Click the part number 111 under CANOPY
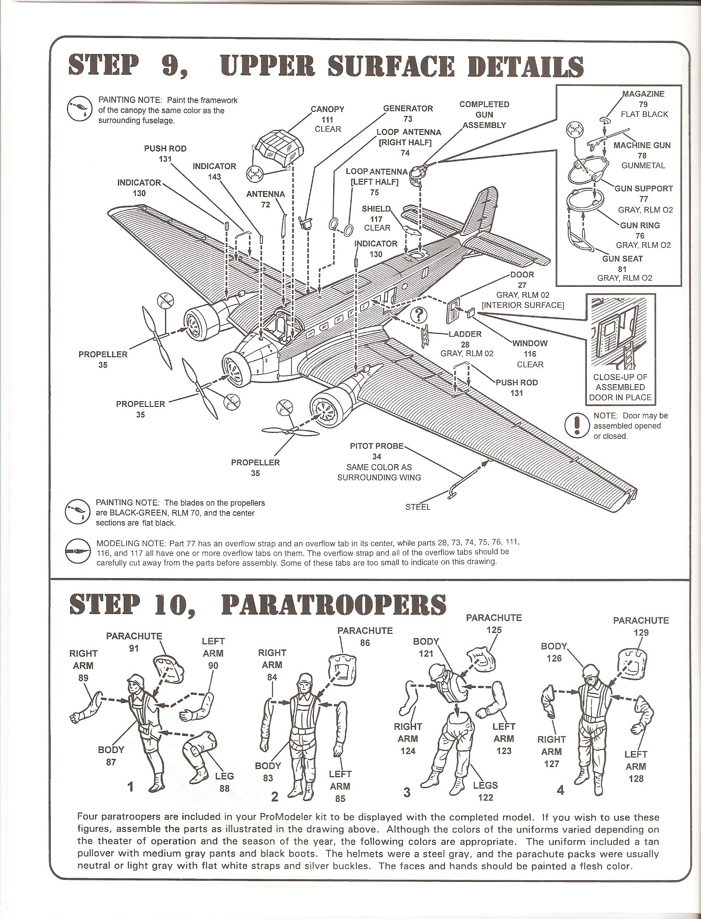click(327, 119)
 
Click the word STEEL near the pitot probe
click(418, 507)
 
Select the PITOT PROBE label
click(376, 446)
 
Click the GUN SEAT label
click(622, 259)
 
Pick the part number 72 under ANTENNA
click(266, 205)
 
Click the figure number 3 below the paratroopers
click(407, 792)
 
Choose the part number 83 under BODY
click(268, 778)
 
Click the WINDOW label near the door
click(530, 343)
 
